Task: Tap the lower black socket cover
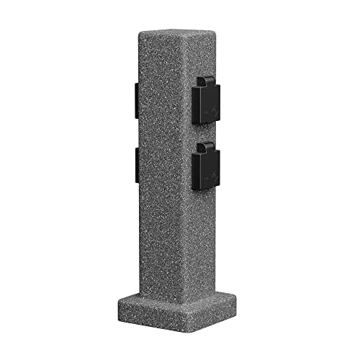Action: pos(207,167)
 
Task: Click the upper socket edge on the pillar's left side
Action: pos(135,99)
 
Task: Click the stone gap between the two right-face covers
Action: pos(207,136)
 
